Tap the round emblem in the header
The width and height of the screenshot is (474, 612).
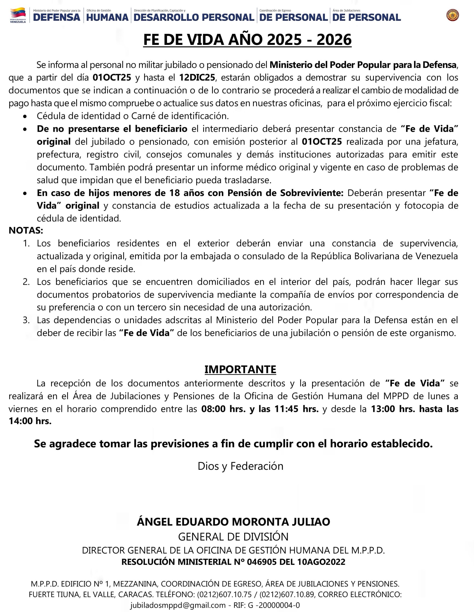coord(452,15)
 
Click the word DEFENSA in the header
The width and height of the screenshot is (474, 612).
coord(57,17)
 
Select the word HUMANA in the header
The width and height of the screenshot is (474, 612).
coord(107,17)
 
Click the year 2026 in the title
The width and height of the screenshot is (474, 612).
coord(334,40)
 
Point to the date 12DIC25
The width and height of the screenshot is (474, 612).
coord(197,78)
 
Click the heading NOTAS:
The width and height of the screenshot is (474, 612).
coord(26,230)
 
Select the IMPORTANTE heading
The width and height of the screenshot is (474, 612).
coord(240,369)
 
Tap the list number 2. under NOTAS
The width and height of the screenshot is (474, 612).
coord(26,282)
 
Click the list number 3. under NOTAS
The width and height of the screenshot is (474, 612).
coord(26,320)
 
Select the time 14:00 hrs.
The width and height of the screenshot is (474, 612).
coord(30,421)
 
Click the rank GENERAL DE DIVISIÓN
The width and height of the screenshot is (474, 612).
coord(233,537)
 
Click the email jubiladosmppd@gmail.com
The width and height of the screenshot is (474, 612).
coord(178,605)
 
